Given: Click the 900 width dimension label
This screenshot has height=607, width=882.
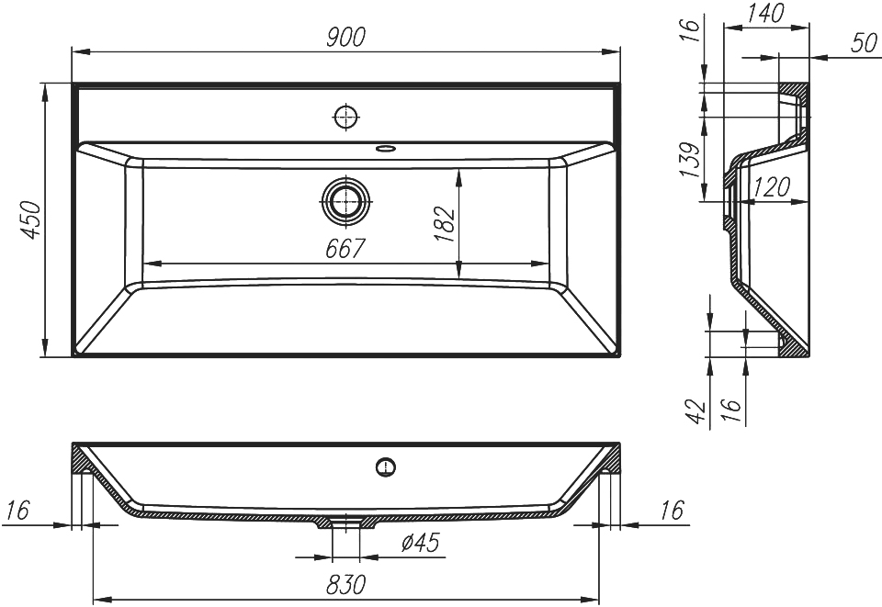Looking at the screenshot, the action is pos(346,37).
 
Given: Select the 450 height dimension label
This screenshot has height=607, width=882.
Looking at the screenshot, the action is pos(31,219).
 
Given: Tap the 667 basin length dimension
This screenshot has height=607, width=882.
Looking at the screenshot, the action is pos(345,249).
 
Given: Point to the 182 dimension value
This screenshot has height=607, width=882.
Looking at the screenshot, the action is pos(444,224).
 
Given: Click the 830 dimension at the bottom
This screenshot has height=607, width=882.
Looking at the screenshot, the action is pos(345,585).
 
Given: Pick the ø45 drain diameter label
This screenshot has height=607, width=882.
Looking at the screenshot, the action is pos(420,543).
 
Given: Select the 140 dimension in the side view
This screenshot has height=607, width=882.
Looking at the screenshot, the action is pos(766,14).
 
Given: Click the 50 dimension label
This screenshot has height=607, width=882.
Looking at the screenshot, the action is pos(864,43).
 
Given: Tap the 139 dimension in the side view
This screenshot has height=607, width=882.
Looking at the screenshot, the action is pos(690,160).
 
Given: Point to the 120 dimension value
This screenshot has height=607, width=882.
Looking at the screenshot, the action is pos(772,186).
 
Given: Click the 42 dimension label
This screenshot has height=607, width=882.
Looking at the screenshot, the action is pos(695,412).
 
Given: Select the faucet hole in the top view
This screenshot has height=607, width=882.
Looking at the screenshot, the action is pos(346,117).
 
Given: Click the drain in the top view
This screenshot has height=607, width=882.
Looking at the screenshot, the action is pos(346,199).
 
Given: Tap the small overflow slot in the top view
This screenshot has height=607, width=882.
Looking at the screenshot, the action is pos(386,149).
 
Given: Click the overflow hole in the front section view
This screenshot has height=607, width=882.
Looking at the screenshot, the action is pos(385,466).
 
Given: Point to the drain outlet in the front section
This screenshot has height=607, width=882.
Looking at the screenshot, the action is pos(345,523).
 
